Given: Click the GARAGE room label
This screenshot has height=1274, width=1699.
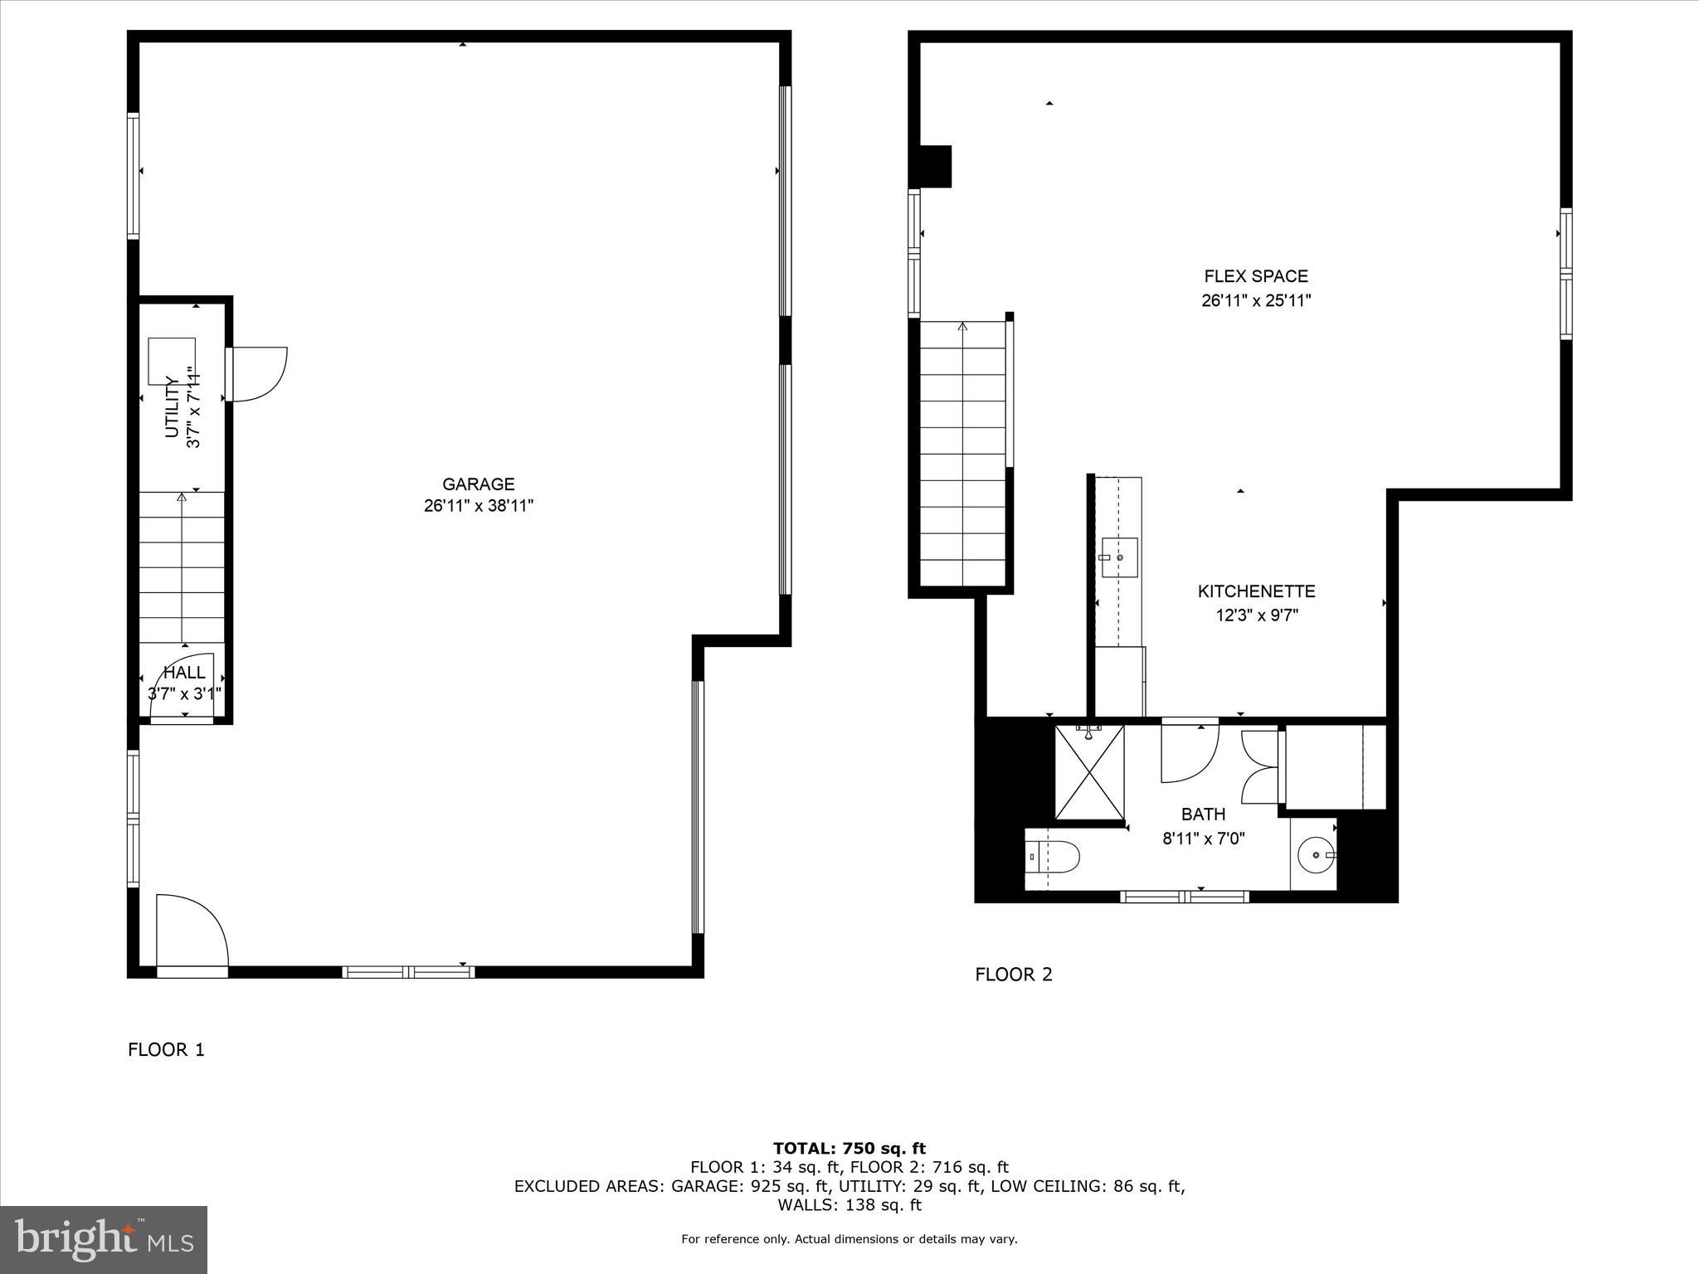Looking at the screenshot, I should tap(478, 484).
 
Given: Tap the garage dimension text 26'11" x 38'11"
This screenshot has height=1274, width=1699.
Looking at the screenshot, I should tap(478, 506).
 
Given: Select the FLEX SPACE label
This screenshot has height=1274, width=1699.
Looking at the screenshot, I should tap(1255, 277).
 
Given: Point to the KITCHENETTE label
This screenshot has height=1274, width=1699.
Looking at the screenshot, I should tap(1256, 591).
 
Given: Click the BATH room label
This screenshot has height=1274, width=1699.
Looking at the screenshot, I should tap(1203, 814).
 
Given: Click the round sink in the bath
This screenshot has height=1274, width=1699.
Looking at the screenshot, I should tap(1316, 855).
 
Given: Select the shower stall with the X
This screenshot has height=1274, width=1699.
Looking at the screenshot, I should tap(1089, 772).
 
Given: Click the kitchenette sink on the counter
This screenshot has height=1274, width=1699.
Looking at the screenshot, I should tap(1118, 557).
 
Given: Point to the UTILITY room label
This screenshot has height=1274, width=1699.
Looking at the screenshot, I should tap(173, 406).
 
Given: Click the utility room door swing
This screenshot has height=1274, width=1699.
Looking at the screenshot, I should tap(259, 374).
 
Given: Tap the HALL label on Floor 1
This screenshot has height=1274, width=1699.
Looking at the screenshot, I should tap(184, 673).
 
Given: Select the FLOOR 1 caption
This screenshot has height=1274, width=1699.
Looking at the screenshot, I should tap(166, 1050).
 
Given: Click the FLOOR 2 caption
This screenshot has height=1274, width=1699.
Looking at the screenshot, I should tap(1013, 975).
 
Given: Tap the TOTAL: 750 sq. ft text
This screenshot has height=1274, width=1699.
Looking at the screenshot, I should tap(849, 1149).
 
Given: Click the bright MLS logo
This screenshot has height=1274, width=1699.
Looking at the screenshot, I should tap(104, 1238).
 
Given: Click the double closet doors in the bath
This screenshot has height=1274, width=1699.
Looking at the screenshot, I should tap(1259, 766).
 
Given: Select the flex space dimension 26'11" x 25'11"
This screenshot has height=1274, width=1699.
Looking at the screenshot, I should tap(1255, 301).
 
